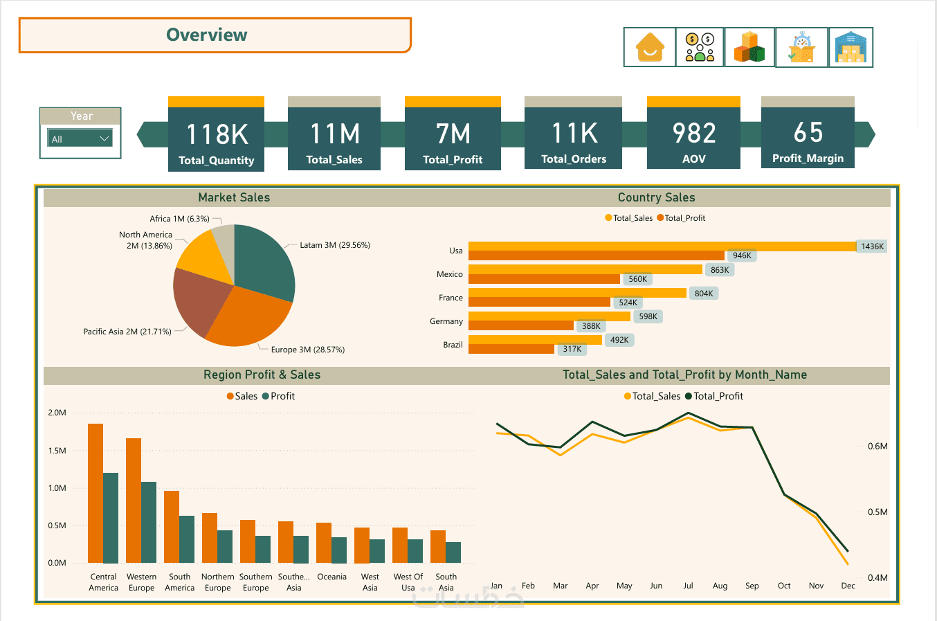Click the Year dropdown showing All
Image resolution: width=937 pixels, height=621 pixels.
(80, 138)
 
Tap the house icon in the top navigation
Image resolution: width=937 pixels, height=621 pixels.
(650, 47)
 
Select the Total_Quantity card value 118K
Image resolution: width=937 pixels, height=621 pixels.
(217, 134)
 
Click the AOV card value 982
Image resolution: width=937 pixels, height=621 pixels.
(693, 133)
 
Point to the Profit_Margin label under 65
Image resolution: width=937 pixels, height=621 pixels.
(808, 159)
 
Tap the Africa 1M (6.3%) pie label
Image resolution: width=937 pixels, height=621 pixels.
(179, 219)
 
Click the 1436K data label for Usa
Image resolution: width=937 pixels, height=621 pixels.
(872, 246)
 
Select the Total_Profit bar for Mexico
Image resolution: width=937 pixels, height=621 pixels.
(544, 279)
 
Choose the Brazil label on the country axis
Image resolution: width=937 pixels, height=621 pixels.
(453, 345)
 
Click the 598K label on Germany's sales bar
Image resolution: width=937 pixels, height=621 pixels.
(648, 316)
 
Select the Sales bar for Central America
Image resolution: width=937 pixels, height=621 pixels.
(95, 493)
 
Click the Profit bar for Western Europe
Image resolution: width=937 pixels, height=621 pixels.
(149, 522)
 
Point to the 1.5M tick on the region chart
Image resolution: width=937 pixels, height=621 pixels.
(57, 451)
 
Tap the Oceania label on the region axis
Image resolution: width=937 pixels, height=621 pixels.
(331, 577)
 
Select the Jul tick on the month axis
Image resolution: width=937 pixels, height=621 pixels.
(688, 586)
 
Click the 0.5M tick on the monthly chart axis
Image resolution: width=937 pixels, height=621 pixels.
(877, 512)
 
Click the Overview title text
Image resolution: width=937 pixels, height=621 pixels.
(206, 35)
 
